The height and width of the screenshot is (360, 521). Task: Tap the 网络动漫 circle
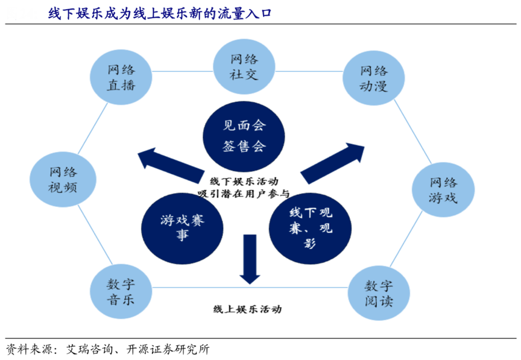pyautogui.click(x=372, y=78)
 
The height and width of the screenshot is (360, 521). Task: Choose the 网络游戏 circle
pyautogui.click(x=443, y=189)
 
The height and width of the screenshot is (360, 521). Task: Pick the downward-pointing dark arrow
pyautogui.click(x=249, y=258)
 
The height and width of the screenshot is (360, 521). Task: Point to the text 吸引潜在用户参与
pyautogui.click(x=244, y=194)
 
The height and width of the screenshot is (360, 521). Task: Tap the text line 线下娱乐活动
pyautogui.click(x=244, y=181)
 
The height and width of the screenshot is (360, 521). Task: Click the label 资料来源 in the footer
pyautogui.click(x=28, y=349)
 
